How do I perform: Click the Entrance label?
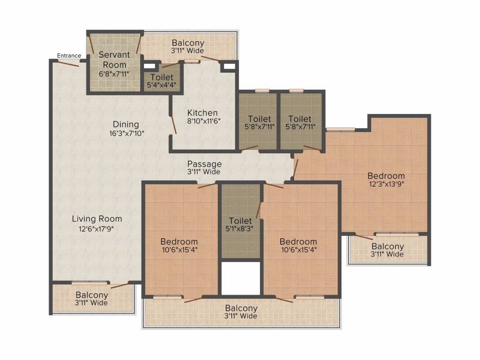[69, 55]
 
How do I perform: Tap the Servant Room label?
[114, 60]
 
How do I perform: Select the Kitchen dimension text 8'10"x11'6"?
[204, 121]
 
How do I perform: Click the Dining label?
[126, 124]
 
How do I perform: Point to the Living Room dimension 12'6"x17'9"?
[97, 229]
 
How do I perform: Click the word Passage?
[204, 164]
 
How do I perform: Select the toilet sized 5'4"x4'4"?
[162, 78]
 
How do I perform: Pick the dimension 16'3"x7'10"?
[127, 134]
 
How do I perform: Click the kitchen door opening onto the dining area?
[173, 125]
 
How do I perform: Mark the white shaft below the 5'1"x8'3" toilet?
[241, 278]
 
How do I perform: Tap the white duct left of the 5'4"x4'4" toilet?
[150, 66]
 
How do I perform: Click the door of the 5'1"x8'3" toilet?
[259, 210]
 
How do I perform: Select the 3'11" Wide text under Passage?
[204, 172]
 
